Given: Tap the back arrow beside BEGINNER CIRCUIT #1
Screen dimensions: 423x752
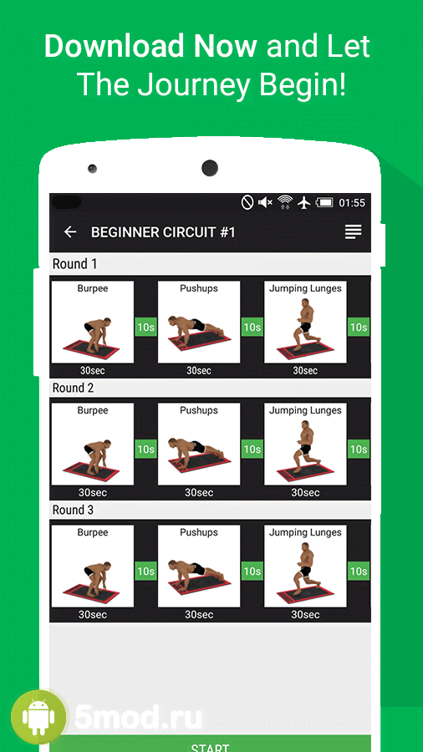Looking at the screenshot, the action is tap(70, 232).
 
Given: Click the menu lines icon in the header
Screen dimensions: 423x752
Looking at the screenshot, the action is tap(353, 232).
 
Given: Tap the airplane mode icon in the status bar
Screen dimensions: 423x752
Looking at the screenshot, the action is tap(304, 203).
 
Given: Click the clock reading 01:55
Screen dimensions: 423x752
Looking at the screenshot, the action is tap(352, 203).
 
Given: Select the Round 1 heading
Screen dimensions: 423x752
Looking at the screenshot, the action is tap(74, 264).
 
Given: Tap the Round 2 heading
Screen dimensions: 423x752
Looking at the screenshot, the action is tap(73, 388).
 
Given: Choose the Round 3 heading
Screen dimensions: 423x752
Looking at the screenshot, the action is tap(73, 510).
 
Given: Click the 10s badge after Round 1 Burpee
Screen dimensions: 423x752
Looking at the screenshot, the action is tap(145, 327).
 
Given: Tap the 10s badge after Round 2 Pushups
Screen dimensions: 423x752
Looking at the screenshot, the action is tap(252, 449).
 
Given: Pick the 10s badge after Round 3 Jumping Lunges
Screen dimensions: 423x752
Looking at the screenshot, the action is tap(359, 572).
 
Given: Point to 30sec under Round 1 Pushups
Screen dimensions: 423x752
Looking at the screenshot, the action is tap(199, 371).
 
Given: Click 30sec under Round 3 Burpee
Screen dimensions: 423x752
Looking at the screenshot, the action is tap(92, 615).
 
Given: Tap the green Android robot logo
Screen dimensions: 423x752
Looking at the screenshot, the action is tap(38, 717).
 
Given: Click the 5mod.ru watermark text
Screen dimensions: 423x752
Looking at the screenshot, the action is tap(138, 718).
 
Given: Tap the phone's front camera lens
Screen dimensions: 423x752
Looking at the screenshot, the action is tap(210, 168).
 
